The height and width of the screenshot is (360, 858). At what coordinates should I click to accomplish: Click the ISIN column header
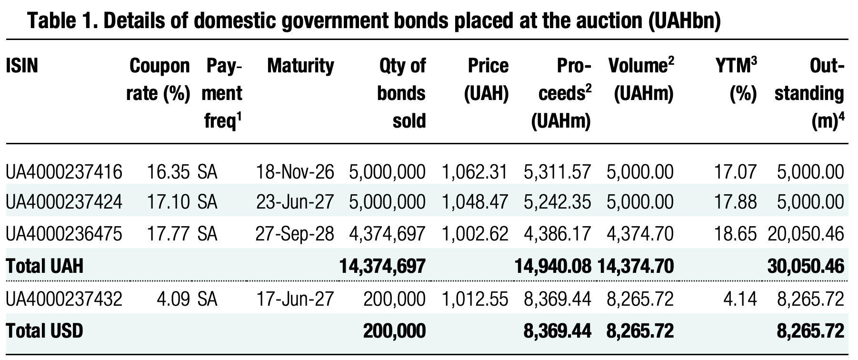coord(22,66)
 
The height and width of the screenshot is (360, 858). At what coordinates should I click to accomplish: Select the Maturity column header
coord(300,66)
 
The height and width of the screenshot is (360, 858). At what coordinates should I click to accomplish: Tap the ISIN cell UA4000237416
coord(64,171)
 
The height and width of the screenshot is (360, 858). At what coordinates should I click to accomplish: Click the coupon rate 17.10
coord(168,202)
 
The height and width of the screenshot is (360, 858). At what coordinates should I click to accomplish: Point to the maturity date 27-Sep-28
coord(295,234)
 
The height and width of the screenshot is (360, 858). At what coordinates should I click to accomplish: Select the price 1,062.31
coord(475,171)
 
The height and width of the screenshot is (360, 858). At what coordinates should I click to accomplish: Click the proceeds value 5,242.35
coord(557,202)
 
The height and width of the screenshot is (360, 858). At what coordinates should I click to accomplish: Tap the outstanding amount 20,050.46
coord(806,234)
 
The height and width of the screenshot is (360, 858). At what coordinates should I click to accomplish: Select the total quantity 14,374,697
coord(382,266)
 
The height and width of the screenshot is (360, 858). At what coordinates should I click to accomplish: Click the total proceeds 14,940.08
coord(553,266)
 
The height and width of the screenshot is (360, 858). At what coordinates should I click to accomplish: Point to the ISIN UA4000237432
coord(64,299)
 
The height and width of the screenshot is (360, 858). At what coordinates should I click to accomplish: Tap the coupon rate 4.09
coord(174,299)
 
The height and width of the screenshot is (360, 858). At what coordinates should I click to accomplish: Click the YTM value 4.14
coord(740,299)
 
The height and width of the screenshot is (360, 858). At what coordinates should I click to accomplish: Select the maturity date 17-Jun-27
coord(295,299)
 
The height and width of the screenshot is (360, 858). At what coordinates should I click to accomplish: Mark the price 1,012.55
coord(475,299)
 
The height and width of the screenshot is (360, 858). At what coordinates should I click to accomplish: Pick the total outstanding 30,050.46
coord(806,266)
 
